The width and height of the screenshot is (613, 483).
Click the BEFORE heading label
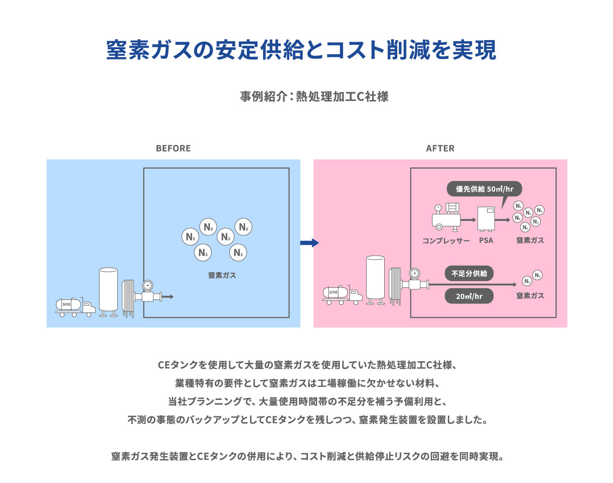[173, 148]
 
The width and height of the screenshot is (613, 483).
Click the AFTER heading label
[440, 148]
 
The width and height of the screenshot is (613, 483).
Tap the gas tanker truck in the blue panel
[75, 306]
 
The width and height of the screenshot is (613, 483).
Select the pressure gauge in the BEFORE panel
[148, 285]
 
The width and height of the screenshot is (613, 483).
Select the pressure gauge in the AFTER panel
[414, 273]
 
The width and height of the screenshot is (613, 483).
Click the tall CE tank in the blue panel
[108, 291]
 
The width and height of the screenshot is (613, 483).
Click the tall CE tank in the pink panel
[375, 279]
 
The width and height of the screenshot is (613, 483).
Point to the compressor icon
[446, 216]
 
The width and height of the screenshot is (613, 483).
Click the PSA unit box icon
[486, 219]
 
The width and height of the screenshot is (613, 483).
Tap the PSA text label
[486, 241]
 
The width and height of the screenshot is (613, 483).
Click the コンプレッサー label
[446, 241]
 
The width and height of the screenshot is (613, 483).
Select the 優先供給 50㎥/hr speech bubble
[484, 189]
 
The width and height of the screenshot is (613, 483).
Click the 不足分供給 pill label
[469, 273]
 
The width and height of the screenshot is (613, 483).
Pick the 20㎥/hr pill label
[469, 296]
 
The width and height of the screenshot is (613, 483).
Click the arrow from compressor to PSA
[468, 220]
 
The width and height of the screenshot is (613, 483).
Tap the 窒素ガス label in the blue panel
[222, 275]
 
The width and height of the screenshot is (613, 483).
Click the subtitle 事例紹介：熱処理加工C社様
[314, 97]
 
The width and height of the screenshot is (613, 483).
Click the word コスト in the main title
[355, 50]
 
